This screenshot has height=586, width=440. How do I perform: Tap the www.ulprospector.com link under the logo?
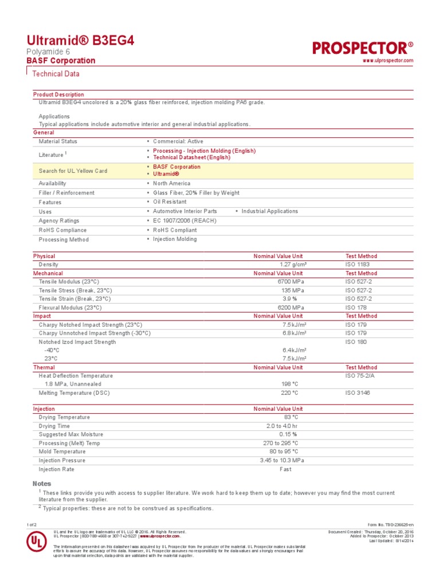(x=388, y=61)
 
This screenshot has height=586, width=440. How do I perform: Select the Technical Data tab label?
(x=56, y=74)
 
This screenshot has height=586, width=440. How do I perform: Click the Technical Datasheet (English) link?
(x=191, y=157)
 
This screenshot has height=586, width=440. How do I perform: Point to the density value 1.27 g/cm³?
(x=293, y=265)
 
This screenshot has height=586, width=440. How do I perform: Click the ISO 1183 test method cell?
(x=357, y=265)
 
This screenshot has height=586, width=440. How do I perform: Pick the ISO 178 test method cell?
(x=356, y=307)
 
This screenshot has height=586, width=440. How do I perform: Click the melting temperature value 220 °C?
(x=289, y=393)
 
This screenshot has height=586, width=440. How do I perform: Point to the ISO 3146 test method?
(x=357, y=393)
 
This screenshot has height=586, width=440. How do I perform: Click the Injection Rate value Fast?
(x=285, y=469)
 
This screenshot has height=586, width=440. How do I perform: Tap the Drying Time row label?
(x=54, y=426)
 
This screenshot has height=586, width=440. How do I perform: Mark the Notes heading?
(x=42, y=484)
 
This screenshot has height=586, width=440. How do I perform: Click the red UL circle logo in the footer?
(x=36, y=543)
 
